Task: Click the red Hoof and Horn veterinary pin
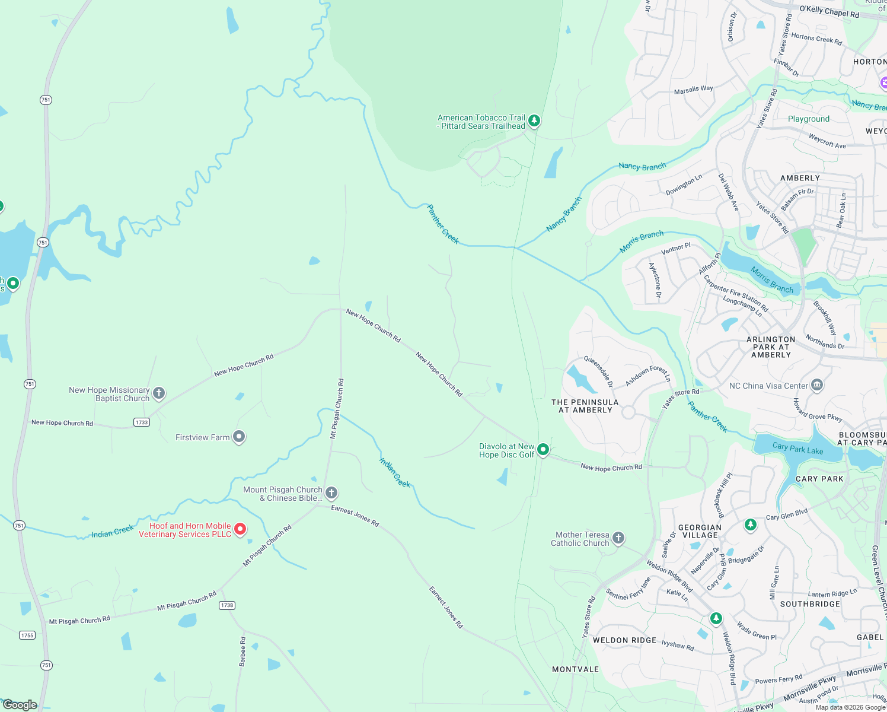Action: click(240, 529)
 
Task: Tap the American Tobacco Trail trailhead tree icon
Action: click(534, 121)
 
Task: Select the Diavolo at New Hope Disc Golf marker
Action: click(543, 449)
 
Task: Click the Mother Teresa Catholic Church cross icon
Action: click(618, 538)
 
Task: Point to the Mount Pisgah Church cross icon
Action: click(331, 492)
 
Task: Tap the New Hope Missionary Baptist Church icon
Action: click(159, 393)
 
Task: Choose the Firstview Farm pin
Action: click(239, 437)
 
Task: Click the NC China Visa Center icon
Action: click(816, 385)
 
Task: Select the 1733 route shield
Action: click(141, 422)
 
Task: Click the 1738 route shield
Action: click(227, 605)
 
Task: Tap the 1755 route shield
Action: click(27, 635)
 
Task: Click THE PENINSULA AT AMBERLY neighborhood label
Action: click(585, 406)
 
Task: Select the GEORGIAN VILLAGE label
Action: click(700, 531)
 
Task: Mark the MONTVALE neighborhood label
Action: click(575, 669)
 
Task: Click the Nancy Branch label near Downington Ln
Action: click(642, 167)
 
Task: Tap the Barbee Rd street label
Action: click(243, 651)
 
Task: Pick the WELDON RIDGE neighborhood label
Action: click(624, 640)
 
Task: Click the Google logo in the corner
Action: click(20, 705)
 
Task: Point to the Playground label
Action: click(808, 119)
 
